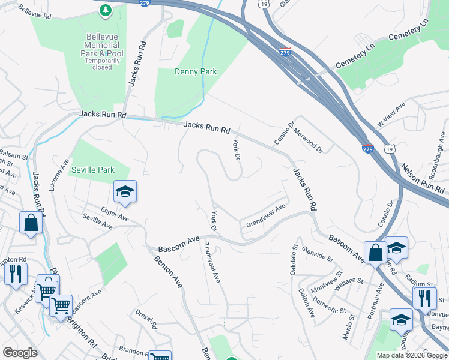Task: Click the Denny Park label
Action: [x=195, y=72]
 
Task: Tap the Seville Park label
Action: [x=93, y=170]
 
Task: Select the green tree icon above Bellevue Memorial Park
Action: [x=106, y=10]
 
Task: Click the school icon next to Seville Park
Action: [x=125, y=191]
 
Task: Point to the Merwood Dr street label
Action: [x=308, y=140]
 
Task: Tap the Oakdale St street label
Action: [x=294, y=259]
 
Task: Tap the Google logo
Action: [x=20, y=353]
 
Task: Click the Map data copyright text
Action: [x=412, y=355]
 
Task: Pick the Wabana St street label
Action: [x=349, y=284]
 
